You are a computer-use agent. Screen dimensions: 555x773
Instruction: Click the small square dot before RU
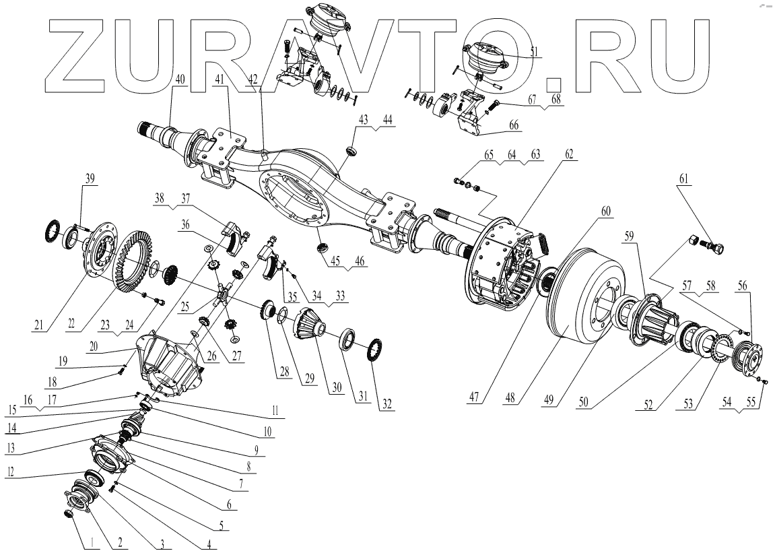tap(553, 84)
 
